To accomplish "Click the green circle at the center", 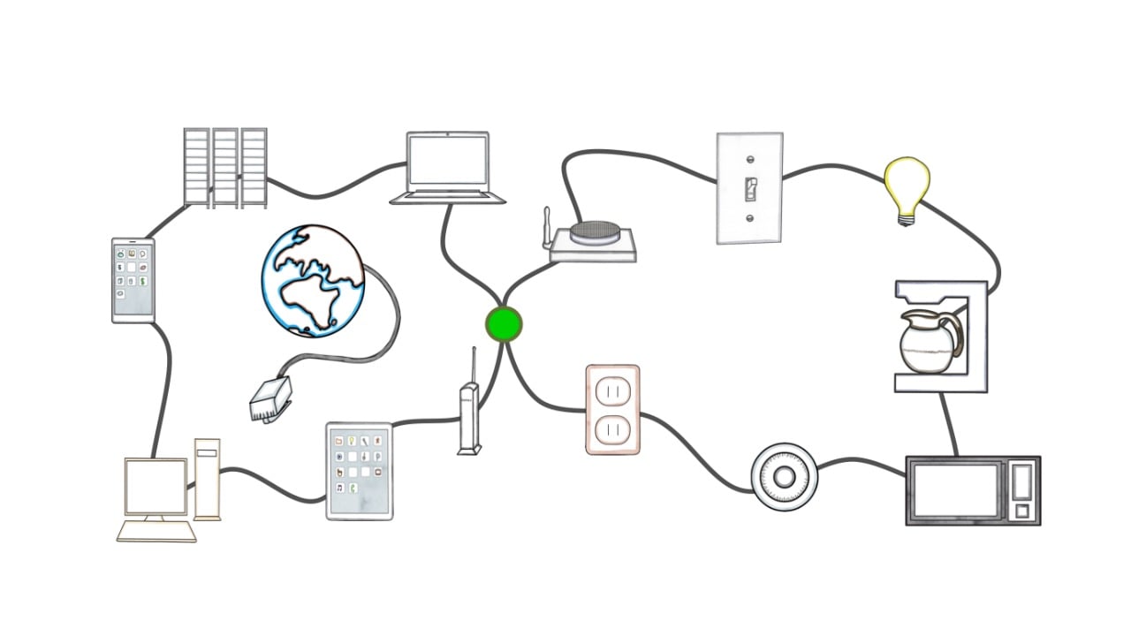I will [504, 324].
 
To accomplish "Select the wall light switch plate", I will [749, 187].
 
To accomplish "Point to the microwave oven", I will [973, 490].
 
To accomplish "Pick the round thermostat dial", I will [784, 478].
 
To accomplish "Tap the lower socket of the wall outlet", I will [612, 430].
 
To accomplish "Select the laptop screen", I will [448, 161].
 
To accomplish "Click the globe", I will [313, 280].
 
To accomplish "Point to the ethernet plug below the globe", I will [269, 402].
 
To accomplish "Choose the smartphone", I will [133, 280].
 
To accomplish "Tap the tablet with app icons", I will [359, 471].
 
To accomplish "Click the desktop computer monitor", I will [156, 487].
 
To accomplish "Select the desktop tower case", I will [208, 478].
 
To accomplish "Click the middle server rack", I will [225, 168].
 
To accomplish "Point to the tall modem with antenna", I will [469, 415].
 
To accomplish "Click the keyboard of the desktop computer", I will [157, 530].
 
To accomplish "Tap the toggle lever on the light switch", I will [749, 189].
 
